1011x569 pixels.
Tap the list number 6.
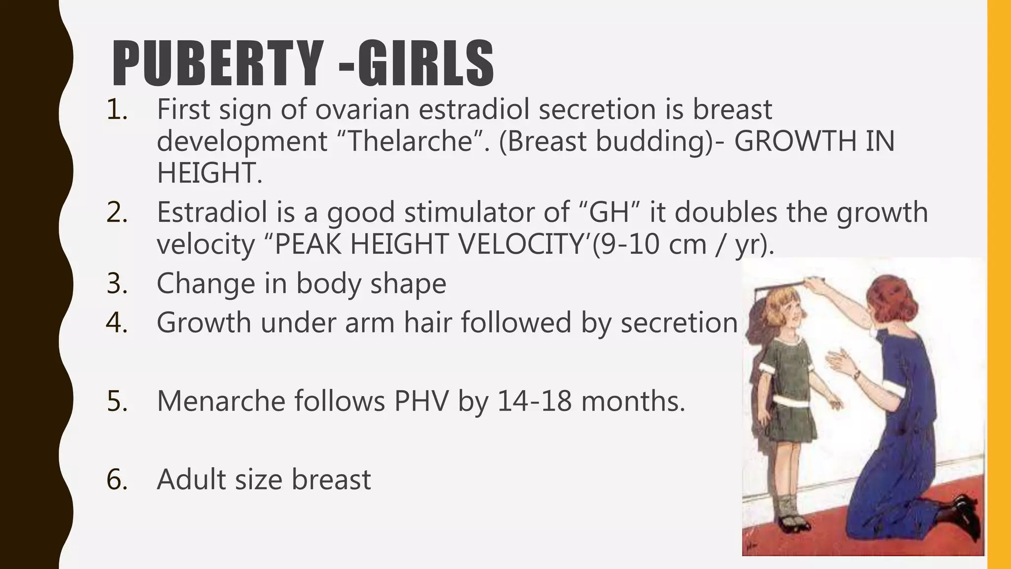coord(117,480)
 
